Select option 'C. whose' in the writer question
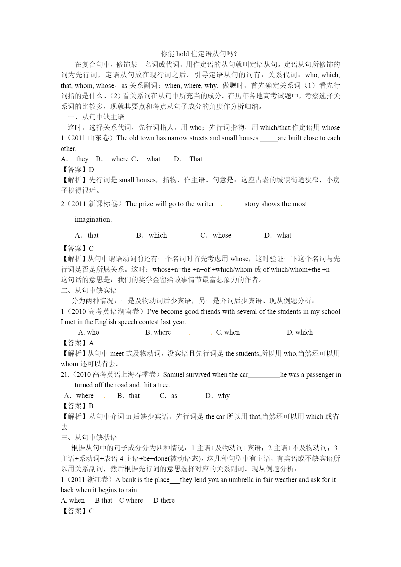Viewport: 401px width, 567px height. [216, 235]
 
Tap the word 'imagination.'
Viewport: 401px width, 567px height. [93, 219]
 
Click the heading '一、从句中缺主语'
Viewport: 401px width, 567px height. [96, 117]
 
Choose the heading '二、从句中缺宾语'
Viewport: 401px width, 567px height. [89, 290]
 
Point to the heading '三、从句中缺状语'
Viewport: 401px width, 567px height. [89, 437]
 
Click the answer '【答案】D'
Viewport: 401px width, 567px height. [78, 169]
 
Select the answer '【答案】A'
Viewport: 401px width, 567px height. [78, 343]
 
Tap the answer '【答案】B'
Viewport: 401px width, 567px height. [78, 406]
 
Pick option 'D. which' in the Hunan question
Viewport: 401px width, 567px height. [300, 332]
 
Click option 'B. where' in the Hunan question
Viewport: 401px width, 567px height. [158, 332]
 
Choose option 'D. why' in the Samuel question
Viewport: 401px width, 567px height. [217, 396]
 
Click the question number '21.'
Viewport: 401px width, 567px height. [65, 375]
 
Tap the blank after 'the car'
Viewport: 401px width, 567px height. [264, 375]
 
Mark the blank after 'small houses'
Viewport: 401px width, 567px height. [269, 138]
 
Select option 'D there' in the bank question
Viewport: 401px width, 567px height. [164, 500]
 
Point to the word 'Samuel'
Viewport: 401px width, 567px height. [174, 375]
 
